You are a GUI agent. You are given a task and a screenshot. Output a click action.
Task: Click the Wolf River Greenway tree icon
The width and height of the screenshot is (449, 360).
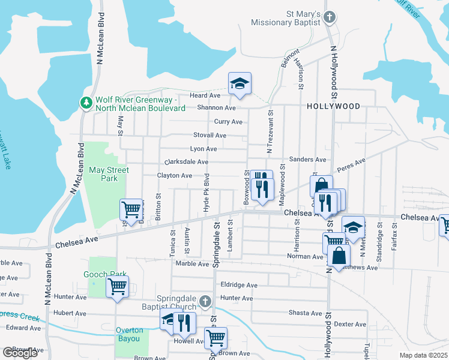[x=86, y=103]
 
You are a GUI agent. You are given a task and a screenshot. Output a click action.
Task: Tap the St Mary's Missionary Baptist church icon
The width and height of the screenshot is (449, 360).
[x=329, y=17]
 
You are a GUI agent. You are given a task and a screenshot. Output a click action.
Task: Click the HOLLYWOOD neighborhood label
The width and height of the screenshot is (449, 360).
[x=333, y=106]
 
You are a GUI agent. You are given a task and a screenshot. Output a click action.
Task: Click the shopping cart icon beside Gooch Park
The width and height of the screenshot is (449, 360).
[x=118, y=286]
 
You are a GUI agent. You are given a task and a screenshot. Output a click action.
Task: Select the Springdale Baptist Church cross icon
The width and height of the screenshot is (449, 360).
[x=205, y=301]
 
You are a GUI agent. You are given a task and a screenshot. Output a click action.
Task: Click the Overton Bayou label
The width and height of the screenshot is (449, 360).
[x=130, y=334]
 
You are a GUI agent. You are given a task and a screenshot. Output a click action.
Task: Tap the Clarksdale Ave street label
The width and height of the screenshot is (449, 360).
[x=186, y=162]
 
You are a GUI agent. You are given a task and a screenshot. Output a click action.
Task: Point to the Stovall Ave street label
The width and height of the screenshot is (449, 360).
[x=209, y=136]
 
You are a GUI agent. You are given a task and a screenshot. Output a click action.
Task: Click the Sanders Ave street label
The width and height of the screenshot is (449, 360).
[x=307, y=160]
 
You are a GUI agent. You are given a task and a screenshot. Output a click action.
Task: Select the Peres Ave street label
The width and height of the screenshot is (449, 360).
[x=351, y=165]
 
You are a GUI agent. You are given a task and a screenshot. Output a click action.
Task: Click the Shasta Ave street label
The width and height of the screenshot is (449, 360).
[x=305, y=313]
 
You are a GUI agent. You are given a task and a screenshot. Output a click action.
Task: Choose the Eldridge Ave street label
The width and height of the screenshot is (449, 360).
[x=239, y=285]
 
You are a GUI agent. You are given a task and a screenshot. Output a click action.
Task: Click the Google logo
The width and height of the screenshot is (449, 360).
[x=20, y=353]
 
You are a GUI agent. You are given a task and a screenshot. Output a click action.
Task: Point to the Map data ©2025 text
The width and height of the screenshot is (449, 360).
[x=423, y=355]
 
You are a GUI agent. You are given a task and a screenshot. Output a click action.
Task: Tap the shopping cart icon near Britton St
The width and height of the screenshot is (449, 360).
[x=131, y=210]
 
